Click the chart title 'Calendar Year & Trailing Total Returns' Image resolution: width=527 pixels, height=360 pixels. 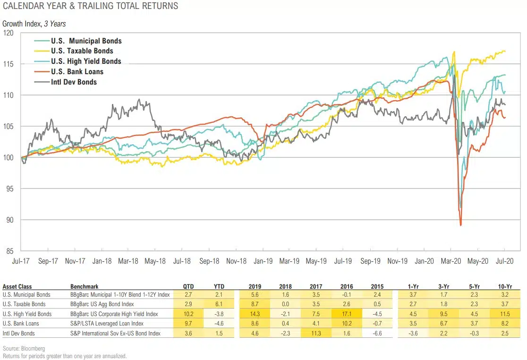(x=90, y=6)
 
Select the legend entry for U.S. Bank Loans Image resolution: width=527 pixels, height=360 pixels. (x=76, y=72)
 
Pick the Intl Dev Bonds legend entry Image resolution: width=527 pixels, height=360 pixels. (x=73, y=82)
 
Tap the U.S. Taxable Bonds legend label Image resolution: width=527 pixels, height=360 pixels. (x=82, y=51)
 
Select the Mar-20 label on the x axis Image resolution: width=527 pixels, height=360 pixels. (x=451, y=261)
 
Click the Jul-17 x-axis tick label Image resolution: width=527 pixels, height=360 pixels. (x=22, y=261)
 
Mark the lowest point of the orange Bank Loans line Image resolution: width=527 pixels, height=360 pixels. (x=460, y=225)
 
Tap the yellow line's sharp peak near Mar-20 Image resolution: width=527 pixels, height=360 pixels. (x=454, y=52)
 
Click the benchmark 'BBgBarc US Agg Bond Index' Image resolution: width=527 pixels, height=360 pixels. (x=102, y=304)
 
